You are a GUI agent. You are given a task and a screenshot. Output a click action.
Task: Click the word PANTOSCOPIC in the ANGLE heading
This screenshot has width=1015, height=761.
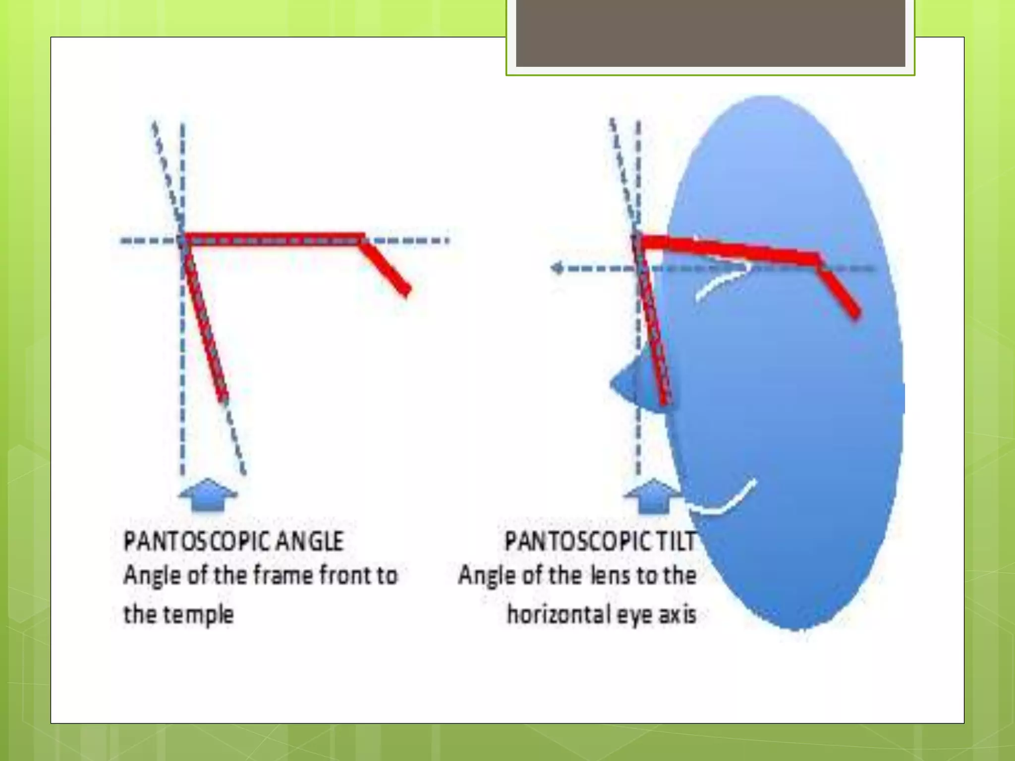tap(196, 541)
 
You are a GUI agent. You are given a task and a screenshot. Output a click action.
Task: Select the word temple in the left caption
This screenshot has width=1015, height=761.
tap(198, 615)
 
